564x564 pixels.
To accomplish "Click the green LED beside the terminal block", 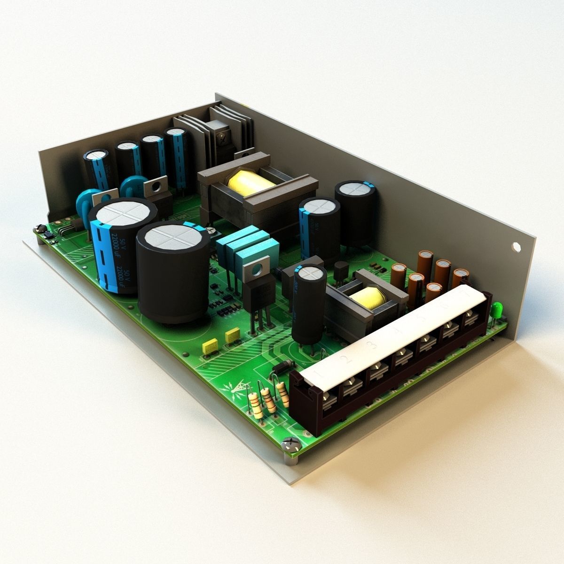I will tap(497, 311).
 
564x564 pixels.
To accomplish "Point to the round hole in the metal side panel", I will tap(516, 246).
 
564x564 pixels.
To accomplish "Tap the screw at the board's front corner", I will tap(290, 443).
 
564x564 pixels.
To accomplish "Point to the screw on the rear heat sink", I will tap(219, 139).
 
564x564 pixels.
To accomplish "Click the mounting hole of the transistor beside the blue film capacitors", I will tap(257, 270).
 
